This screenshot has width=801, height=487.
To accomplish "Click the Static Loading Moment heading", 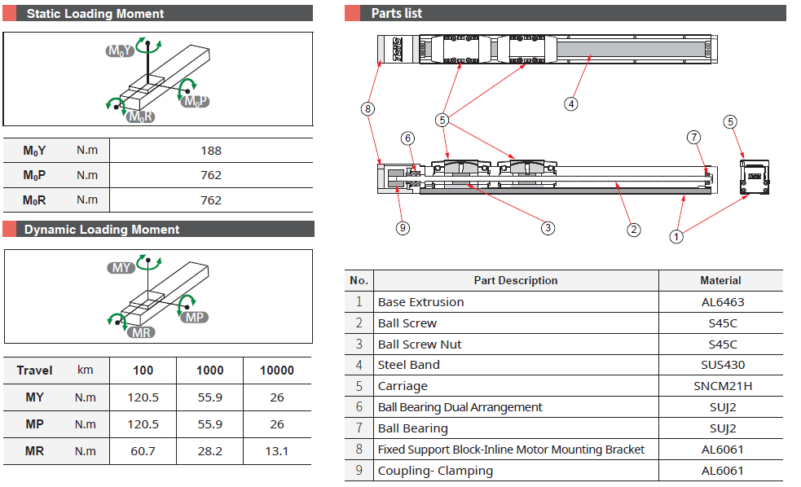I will pos(95,14).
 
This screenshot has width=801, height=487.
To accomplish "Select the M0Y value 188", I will pos(210,151).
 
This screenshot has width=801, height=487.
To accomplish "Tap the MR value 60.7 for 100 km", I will pos(143,450).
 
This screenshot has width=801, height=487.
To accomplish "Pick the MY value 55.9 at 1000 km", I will pos(209,397).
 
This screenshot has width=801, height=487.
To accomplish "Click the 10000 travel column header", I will pos(276,371).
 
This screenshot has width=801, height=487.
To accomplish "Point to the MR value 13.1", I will pos(276,450).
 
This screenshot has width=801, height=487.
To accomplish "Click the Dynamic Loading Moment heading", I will pos(102,230).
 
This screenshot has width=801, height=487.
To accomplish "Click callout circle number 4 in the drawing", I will pos(571,103).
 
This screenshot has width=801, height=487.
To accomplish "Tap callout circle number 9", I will pos(403,228).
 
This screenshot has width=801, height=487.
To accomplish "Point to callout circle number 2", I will pos(634,230).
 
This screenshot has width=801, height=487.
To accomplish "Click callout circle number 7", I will pos(693,138).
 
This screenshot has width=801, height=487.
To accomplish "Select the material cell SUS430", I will pos(720,365).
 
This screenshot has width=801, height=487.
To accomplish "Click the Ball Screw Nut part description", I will pos(420,344).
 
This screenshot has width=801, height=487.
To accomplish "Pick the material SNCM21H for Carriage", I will pos(720,386).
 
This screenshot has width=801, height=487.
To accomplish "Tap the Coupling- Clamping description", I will pos(435,471).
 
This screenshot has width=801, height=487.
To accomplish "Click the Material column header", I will pos(720,280).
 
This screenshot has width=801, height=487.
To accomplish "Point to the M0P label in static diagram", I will pos(196,101).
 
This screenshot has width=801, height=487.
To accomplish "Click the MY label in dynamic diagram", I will pos(122,268).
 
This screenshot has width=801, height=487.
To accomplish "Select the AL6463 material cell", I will pos(720,302).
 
